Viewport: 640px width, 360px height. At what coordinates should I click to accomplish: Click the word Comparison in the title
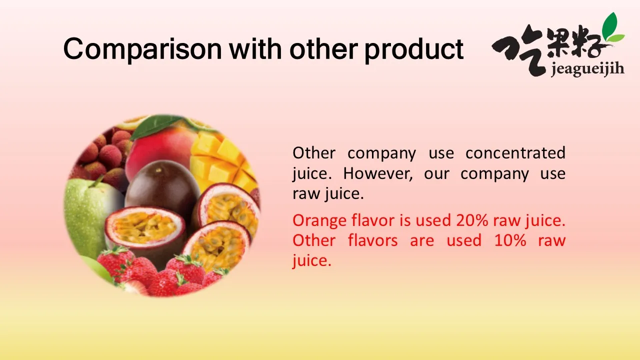coord(142,49)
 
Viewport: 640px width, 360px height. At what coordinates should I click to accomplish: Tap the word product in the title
coord(414,49)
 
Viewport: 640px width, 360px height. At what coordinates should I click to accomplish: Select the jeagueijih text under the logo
coord(587,69)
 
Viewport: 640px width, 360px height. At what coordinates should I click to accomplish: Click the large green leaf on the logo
coord(610,24)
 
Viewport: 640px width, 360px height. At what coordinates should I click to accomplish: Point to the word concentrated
coord(515,153)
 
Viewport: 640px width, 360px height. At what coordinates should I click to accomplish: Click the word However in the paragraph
coord(378,173)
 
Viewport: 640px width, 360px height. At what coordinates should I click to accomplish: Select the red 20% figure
coord(472,220)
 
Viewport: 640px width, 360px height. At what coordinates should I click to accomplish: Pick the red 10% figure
coord(510,240)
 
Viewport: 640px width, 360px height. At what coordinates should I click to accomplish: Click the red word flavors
coord(373,240)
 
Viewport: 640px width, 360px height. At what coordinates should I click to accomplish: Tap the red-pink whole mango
coord(160,148)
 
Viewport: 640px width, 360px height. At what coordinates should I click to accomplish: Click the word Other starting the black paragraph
coord(314,153)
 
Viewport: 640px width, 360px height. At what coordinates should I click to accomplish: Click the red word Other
coord(314,240)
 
